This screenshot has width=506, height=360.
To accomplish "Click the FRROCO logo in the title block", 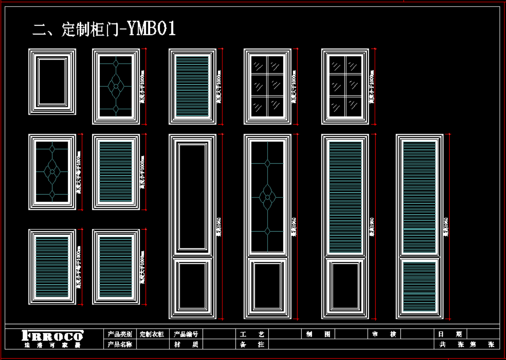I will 52,336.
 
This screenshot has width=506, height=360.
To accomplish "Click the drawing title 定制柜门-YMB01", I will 104,29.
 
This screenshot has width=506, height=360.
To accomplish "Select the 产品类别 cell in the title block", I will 120,334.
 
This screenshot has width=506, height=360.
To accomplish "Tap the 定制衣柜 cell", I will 152,334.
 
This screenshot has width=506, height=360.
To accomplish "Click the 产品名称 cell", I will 120,344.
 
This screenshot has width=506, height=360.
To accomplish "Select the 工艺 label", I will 252,334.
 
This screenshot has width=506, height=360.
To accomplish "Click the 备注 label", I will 252,344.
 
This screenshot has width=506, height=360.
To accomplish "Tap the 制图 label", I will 318,334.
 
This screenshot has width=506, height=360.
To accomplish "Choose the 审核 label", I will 384,334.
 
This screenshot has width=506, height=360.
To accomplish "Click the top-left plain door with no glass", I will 52,81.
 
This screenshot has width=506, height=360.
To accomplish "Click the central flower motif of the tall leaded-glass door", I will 267,197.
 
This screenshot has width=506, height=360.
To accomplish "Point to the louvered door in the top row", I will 192,86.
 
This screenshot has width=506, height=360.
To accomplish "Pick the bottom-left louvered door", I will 52,267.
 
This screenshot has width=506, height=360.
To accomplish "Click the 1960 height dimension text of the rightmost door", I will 446,227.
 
